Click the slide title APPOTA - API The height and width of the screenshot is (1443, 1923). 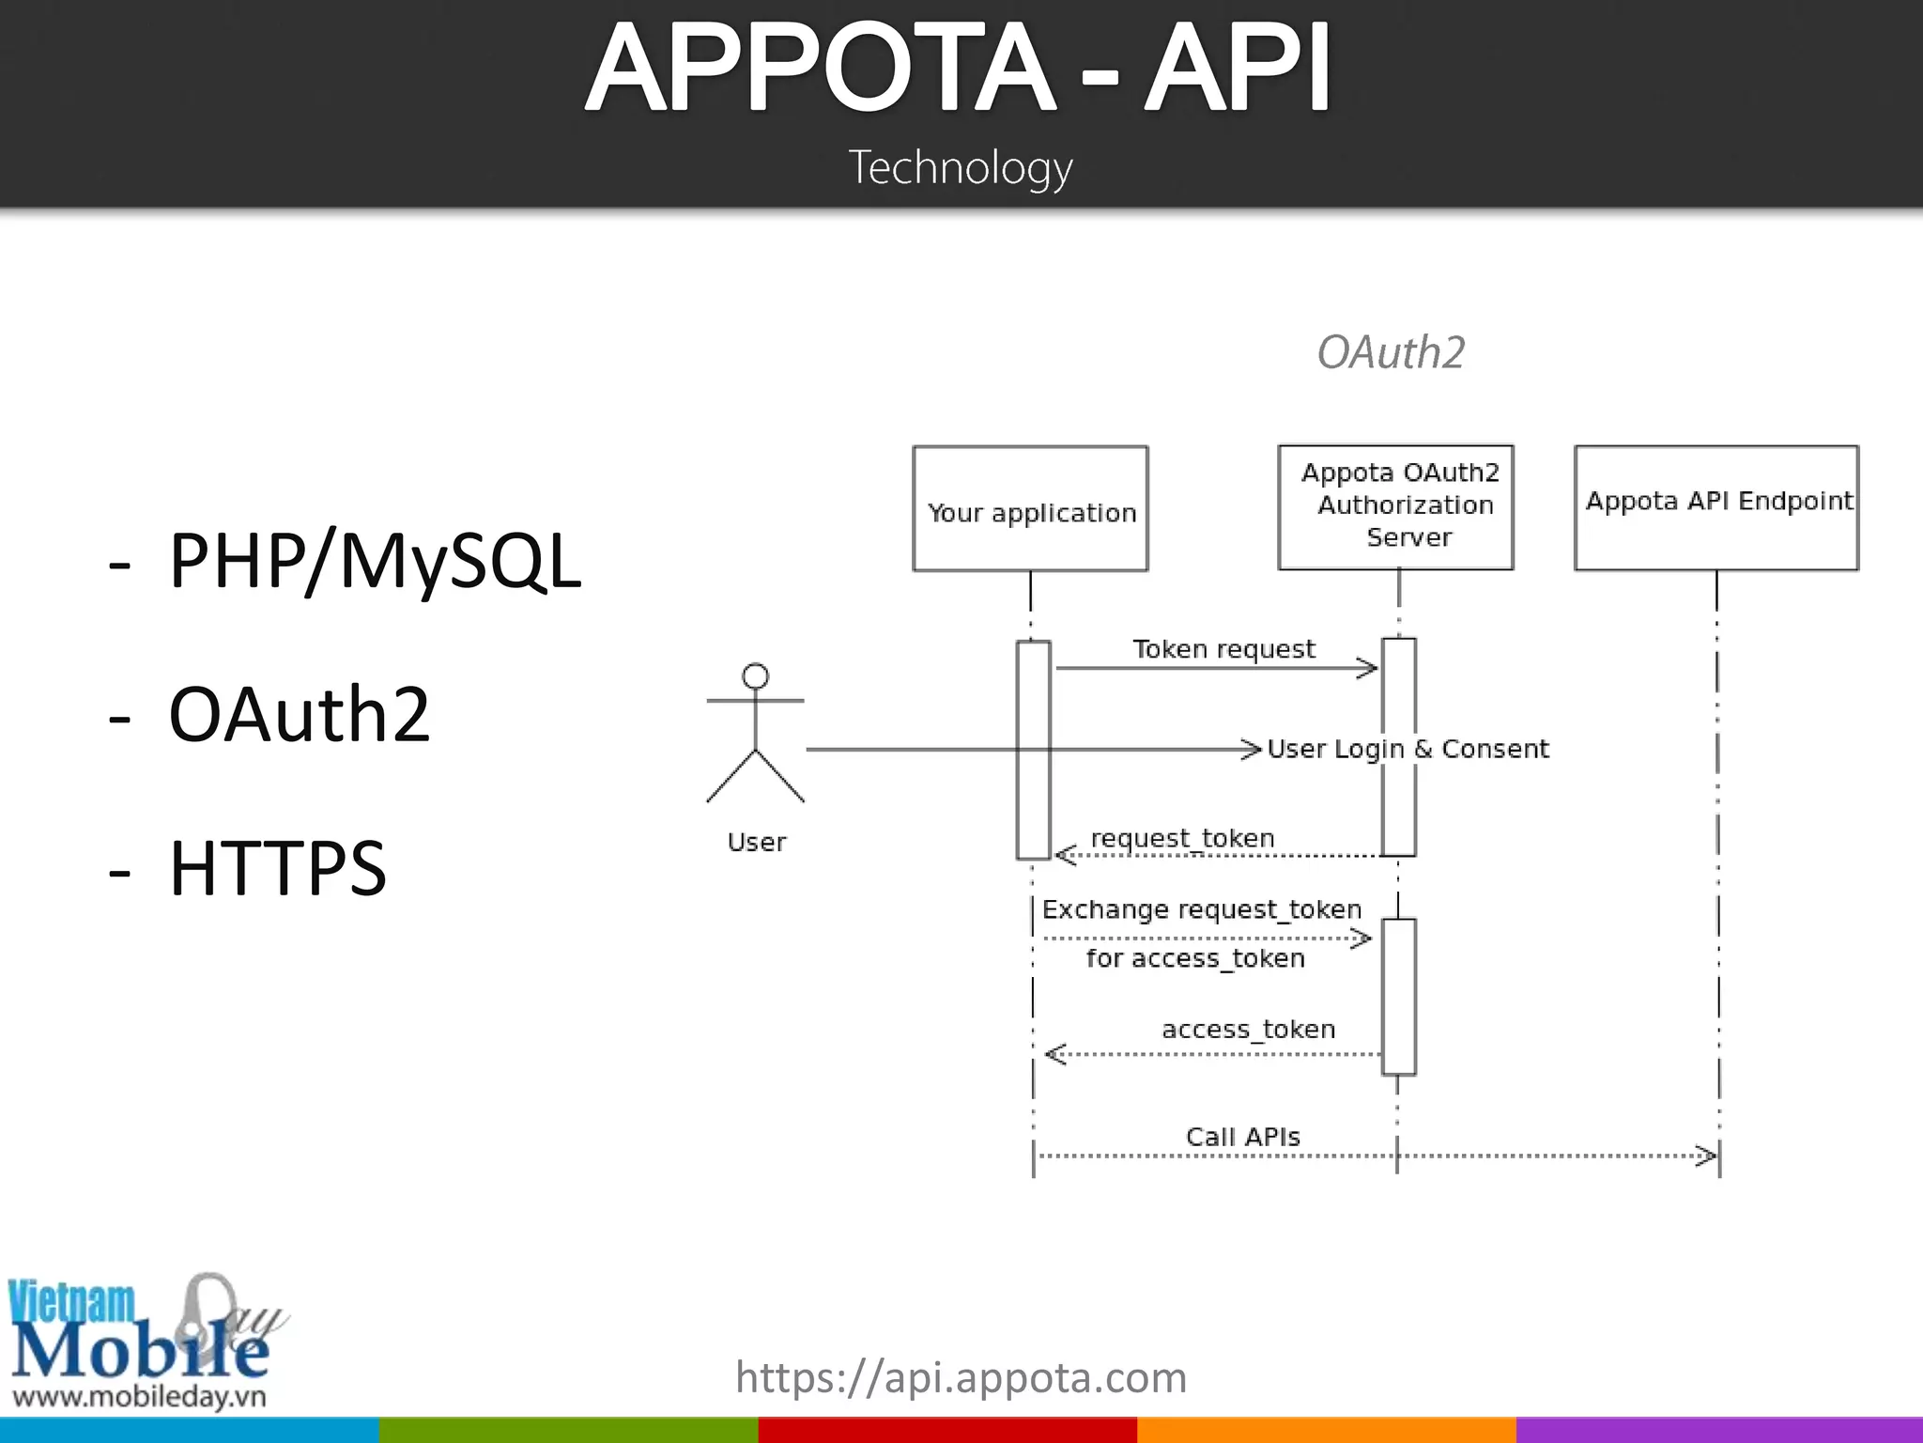958,68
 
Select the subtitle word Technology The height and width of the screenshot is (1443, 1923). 961,168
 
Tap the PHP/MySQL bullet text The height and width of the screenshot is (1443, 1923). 375,561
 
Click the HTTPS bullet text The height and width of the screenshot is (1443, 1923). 277,867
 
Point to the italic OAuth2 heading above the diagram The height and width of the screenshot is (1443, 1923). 1391,352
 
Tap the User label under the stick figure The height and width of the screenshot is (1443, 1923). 757,842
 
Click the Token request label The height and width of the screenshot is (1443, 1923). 1224,649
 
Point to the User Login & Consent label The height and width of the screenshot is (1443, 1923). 1408,749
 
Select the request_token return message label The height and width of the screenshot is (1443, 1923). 1182,837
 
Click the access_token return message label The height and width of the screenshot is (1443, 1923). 1248,1029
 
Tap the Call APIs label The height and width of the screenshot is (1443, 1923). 1243,1137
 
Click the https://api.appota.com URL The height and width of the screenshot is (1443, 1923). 961,1378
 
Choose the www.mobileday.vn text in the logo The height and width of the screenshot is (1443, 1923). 139,1396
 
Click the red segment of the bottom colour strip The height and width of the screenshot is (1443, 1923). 947,1430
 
